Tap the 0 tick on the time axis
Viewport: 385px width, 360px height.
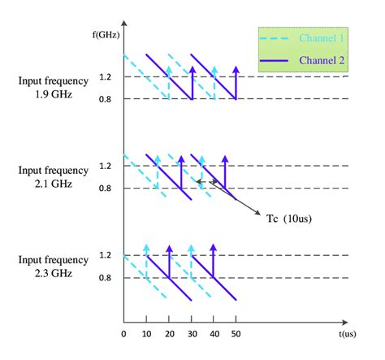pos(123,333)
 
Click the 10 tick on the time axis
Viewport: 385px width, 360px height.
pos(146,333)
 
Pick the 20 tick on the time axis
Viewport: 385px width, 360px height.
pos(169,333)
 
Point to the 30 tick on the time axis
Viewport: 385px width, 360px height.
pos(191,333)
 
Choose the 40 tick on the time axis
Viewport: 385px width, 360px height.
pos(214,333)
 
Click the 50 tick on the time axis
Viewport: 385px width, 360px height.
pos(236,333)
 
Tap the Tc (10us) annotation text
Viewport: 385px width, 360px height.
pos(288,218)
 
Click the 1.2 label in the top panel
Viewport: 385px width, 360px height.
pos(106,76)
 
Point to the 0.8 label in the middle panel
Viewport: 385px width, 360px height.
pos(106,189)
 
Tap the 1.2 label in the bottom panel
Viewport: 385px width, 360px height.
pos(106,255)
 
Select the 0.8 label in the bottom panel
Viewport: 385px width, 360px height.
pos(106,278)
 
